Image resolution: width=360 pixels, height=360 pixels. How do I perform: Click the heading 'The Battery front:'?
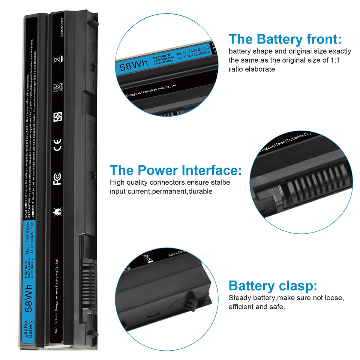[x=285, y=39]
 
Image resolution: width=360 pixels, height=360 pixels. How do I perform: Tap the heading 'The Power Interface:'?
[x=175, y=170]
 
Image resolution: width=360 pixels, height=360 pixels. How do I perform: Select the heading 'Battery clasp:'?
[x=273, y=286]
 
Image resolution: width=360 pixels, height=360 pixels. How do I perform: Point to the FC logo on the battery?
[x=57, y=179]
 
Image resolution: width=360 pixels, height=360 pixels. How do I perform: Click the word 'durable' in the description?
[x=200, y=192]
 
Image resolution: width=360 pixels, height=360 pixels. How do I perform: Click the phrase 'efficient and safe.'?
[x=257, y=307]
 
